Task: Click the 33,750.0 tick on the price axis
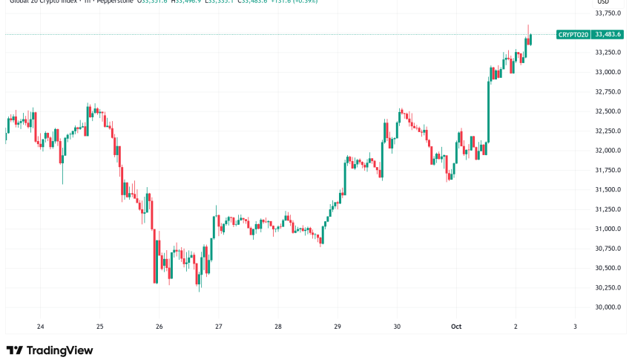[608, 13]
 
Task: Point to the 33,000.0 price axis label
[608, 72]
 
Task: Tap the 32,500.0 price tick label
[608, 111]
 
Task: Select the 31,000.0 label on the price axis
[608, 229]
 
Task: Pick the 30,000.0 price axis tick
[608, 307]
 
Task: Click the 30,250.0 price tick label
[608, 287]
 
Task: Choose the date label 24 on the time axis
[40, 327]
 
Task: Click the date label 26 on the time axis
[159, 327]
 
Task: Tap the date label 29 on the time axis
[338, 327]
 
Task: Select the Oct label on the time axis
[457, 327]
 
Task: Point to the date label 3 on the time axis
[576, 327]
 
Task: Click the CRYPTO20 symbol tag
[573, 34]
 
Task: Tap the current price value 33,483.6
[608, 34]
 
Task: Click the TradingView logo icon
[14, 350]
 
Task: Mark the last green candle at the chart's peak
[530, 39]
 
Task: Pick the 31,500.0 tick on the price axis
[608, 189]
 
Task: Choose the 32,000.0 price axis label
[608, 151]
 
